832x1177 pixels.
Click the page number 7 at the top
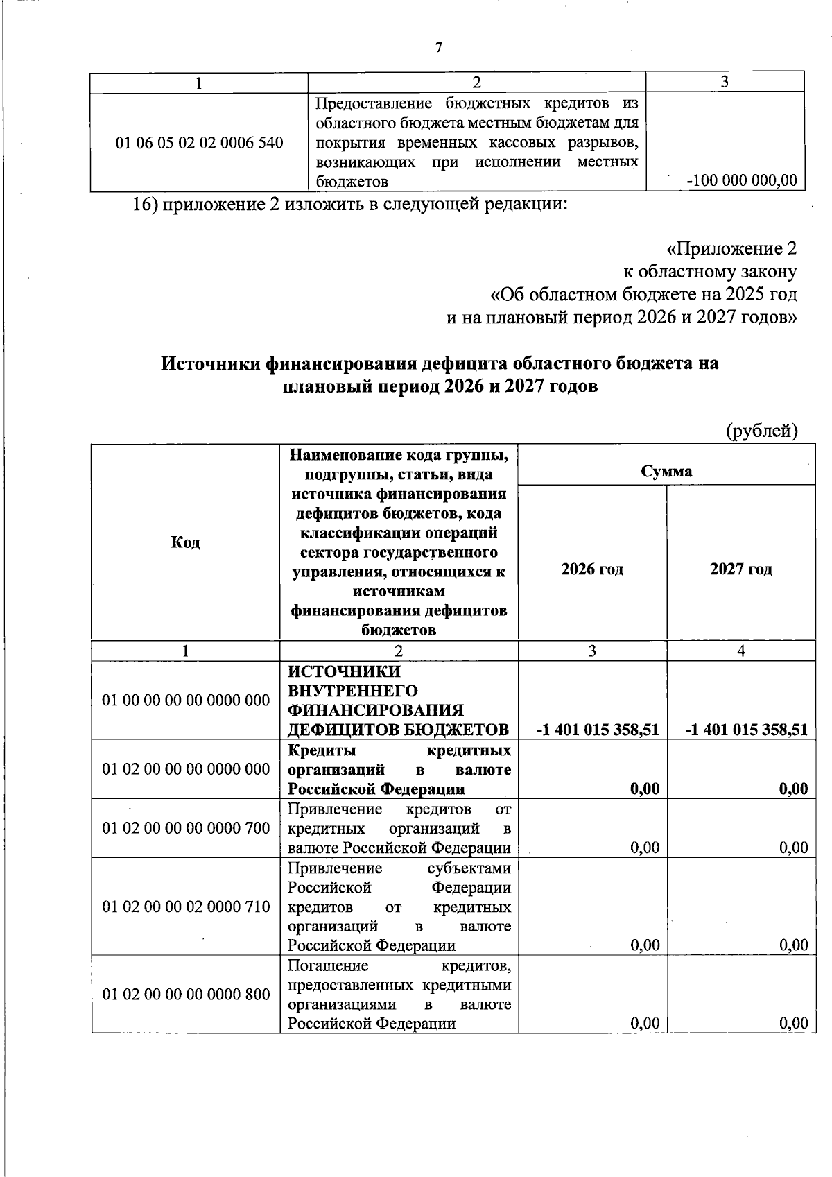437,48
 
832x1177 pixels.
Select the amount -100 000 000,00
741,181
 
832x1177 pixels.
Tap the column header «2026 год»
592,569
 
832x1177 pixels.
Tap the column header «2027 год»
740,569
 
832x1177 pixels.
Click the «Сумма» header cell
666,472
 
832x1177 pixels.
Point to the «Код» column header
185,542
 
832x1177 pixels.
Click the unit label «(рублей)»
761,431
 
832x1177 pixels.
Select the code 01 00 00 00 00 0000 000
186,701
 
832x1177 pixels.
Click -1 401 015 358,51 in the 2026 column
598,730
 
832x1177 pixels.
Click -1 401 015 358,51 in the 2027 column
746,730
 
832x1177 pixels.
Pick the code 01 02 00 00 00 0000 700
186,828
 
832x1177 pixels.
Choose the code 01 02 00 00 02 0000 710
186,907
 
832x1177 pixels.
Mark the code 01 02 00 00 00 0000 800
186,995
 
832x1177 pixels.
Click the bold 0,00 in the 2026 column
645,789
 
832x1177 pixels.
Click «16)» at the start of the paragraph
146,205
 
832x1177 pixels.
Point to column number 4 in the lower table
740,651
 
